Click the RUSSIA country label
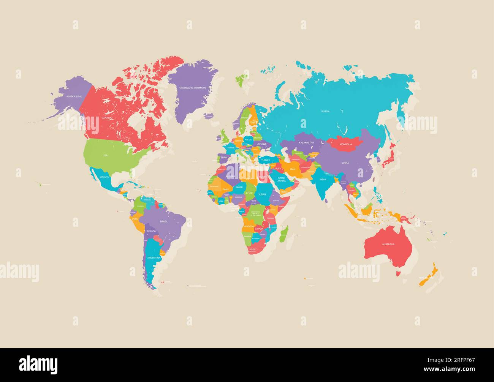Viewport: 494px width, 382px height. pos(325,111)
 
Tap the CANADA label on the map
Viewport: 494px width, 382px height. pos(106,118)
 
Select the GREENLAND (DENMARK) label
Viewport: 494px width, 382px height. pos(192,88)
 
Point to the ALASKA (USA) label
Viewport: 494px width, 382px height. pos(74,96)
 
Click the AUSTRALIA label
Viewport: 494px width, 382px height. pos(388,244)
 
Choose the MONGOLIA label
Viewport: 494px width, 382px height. pos(345,144)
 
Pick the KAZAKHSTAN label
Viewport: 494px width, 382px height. pos(306,142)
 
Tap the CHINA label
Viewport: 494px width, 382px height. pos(345,163)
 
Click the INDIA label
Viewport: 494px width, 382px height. pos(323,180)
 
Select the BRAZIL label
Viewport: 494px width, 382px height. pos(164,221)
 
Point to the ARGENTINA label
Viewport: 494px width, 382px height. pos(154,258)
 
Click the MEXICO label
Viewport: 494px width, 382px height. pos(104,177)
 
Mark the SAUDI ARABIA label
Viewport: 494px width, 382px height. pos(282,179)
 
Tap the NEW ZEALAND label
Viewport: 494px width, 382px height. pos(426,278)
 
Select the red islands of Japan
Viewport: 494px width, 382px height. pos(393,158)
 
